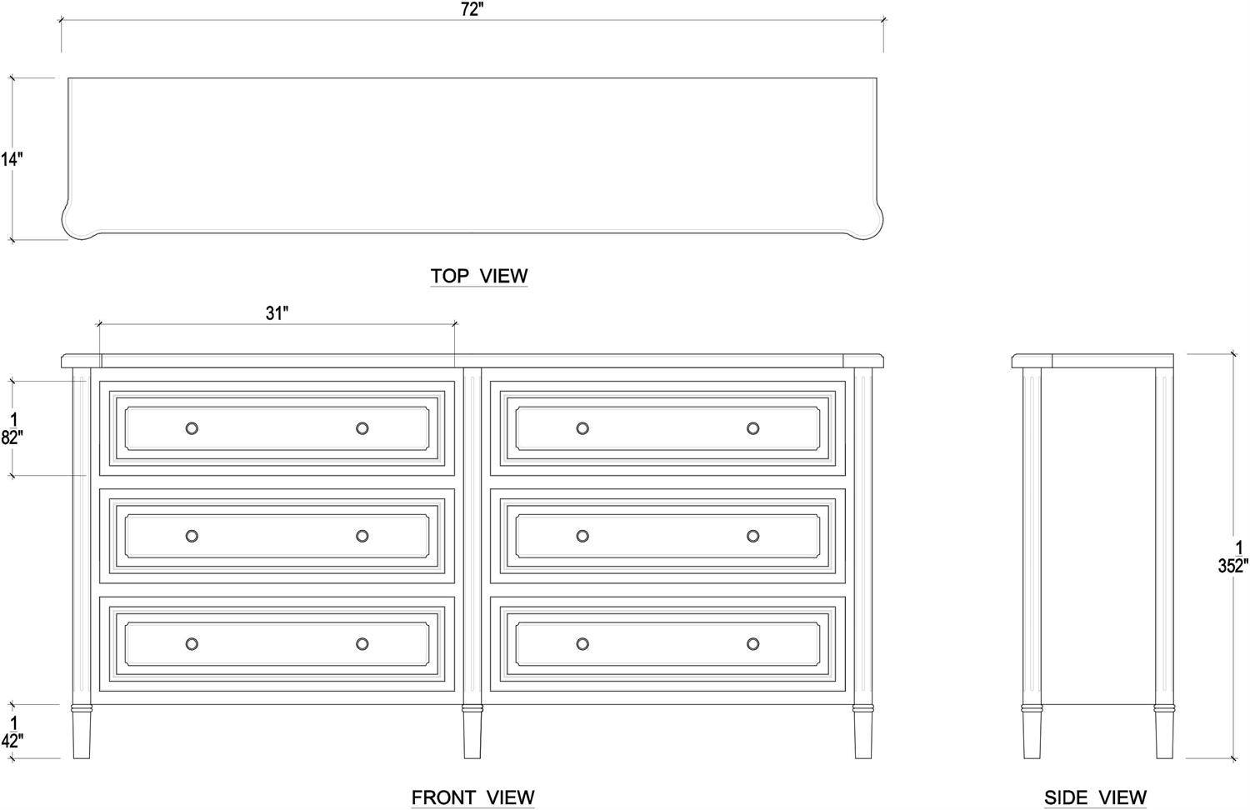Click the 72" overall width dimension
click(472, 10)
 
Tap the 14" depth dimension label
click(11, 159)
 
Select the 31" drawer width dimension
click(277, 313)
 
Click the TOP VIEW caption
click(479, 276)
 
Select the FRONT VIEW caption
click(472, 797)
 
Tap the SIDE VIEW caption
click(1096, 797)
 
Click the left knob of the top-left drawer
click(192, 428)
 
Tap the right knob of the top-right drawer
click(752, 428)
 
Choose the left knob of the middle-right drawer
click(582, 536)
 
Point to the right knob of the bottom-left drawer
click(362, 644)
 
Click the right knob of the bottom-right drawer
click(752, 644)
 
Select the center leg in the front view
click(472, 732)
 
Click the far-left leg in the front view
click(82, 732)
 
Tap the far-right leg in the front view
click(862, 732)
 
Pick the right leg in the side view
click(1164, 732)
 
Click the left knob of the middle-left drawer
click(192, 536)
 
